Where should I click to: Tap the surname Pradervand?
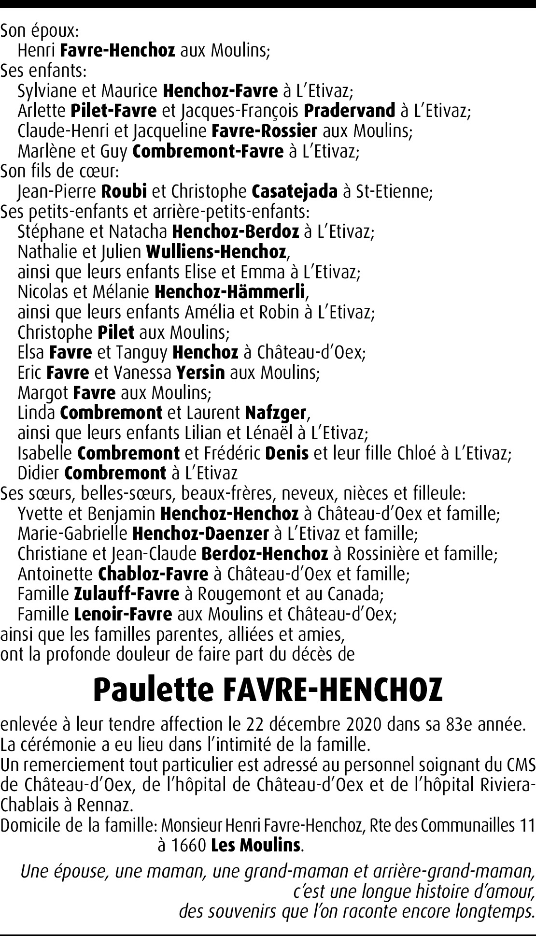click(349, 111)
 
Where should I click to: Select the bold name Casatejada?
click(295, 192)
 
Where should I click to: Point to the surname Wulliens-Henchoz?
click(216, 252)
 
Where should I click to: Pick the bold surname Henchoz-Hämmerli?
click(230, 292)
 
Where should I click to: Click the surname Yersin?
click(200, 373)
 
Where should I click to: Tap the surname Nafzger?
click(275, 413)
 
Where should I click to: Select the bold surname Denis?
click(287, 453)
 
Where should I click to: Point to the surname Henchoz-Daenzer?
click(200, 533)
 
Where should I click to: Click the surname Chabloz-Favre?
click(153, 574)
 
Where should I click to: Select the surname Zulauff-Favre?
click(127, 594)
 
